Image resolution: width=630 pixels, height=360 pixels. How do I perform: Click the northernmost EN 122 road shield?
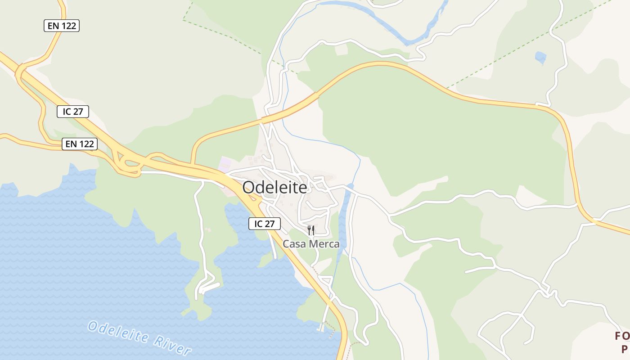coord(62,26)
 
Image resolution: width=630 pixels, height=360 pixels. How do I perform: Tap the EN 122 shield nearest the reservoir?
coord(80,144)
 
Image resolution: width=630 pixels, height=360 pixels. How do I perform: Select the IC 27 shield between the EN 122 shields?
coord(73,112)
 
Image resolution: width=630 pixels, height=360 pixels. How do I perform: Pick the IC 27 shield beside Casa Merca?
coord(265,224)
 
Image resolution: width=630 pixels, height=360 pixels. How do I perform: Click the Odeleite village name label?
coord(274,188)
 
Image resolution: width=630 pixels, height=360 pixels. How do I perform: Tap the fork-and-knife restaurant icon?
coord(311,231)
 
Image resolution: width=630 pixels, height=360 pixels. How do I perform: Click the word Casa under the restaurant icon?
coord(292,244)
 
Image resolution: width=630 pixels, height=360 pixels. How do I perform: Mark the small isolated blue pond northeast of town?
coord(540,58)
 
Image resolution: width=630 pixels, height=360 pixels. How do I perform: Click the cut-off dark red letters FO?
coord(622,336)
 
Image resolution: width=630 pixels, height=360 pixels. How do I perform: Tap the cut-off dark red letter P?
coord(625,349)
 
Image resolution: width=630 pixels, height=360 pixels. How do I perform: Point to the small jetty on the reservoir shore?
coord(321,328)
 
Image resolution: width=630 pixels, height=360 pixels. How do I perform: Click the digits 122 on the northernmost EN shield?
coord(69,26)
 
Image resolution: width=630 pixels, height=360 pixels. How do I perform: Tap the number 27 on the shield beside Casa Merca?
coord(271,224)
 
